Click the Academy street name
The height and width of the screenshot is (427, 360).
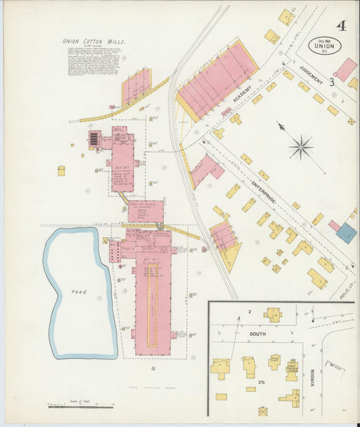coord(242,94)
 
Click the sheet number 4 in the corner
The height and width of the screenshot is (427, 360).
coord(341,26)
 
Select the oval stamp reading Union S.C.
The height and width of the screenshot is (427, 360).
coord(324,45)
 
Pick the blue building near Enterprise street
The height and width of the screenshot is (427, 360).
coord(346,233)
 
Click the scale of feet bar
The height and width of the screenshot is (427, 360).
coord(80,407)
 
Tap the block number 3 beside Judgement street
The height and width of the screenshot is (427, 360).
coord(332,82)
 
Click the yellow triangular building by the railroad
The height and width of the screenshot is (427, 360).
coord(231,257)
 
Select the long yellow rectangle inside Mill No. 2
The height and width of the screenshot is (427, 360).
coord(152,308)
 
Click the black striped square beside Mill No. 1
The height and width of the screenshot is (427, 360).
coord(93,139)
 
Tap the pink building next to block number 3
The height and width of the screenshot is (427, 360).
coord(345,69)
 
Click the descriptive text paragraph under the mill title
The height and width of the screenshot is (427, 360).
coord(94,61)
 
